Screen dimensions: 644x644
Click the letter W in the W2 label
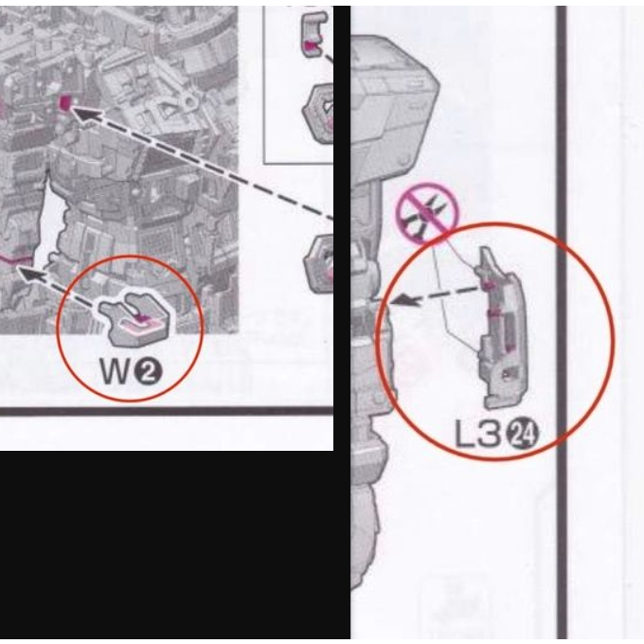(x=116, y=371)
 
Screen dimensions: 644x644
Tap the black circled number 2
(x=149, y=372)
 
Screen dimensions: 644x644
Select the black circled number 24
(x=523, y=435)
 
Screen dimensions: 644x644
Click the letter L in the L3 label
(x=464, y=434)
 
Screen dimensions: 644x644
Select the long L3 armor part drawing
(x=501, y=329)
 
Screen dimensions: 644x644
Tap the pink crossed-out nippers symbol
(x=427, y=213)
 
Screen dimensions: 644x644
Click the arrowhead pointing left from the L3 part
(x=402, y=300)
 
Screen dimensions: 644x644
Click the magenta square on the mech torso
(x=64, y=102)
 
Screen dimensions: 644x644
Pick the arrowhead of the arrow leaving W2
(x=31, y=274)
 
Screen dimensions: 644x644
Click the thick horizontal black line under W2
(x=167, y=411)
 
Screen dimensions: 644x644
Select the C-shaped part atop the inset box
(x=314, y=34)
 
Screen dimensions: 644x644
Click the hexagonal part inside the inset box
(x=319, y=113)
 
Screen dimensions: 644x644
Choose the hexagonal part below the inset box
(x=319, y=263)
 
